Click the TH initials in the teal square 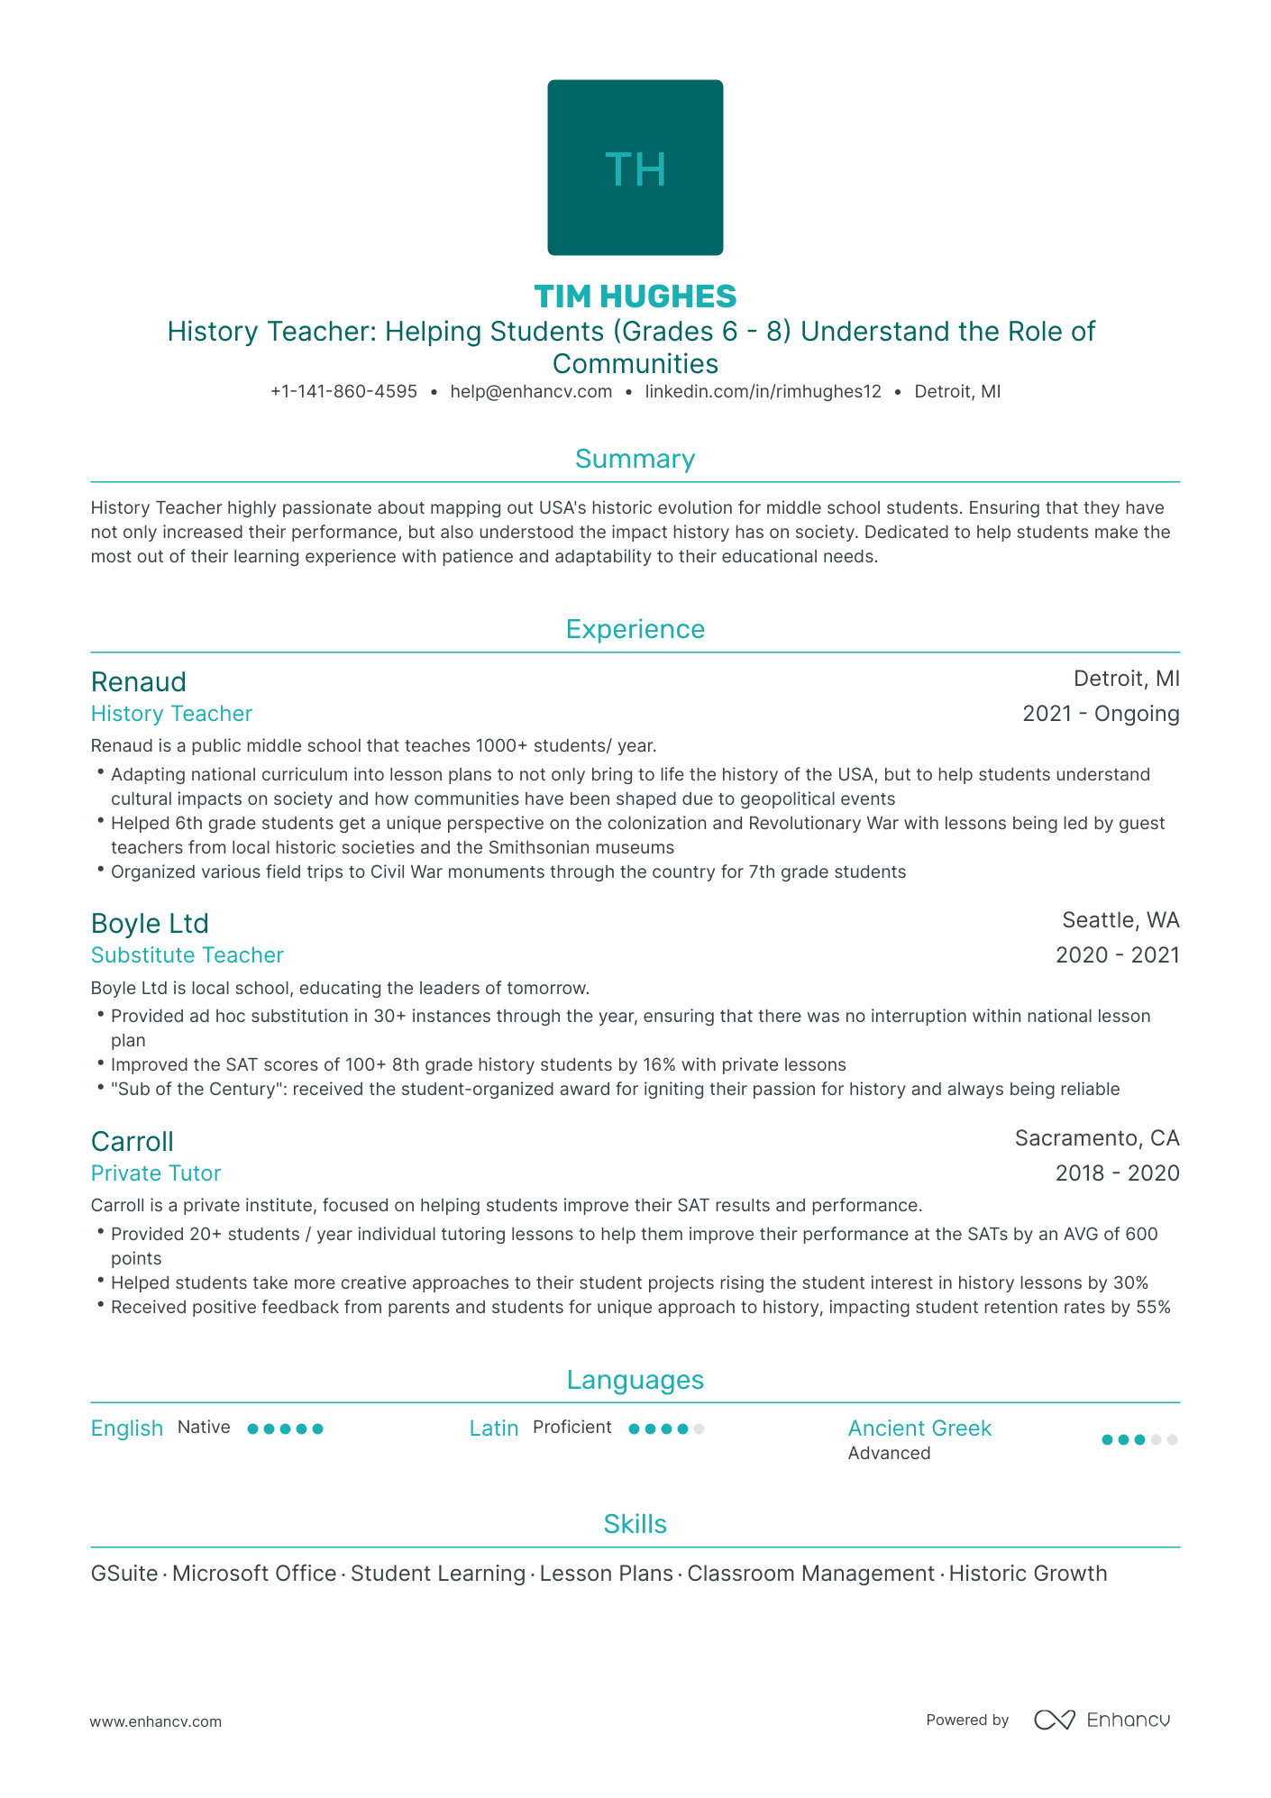pyautogui.click(x=635, y=169)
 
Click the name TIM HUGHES pyautogui.click(x=635, y=296)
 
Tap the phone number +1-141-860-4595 pyautogui.click(x=343, y=392)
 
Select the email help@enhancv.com pyautogui.click(x=531, y=392)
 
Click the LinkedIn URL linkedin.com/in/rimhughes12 pyautogui.click(x=763, y=392)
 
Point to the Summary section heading pyautogui.click(x=635, y=459)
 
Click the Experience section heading pyautogui.click(x=635, y=629)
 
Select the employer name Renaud pyautogui.click(x=139, y=681)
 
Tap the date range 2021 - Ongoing pyautogui.click(x=1100, y=714)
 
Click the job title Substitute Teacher pyautogui.click(x=187, y=955)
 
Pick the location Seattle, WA pyautogui.click(x=1120, y=920)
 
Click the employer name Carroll pyautogui.click(x=133, y=1141)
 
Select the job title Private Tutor pyautogui.click(x=156, y=1173)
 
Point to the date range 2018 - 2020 pyautogui.click(x=1117, y=1173)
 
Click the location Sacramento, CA pyautogui.click(x=1096, y=1138)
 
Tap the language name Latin pyautogui.click(x=494, y=1428)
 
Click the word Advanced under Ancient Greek pyautogui.click(x=889, y=1453)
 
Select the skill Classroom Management pyautogui.click(x=810, y=1574)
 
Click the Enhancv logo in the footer pyautogui.click(x=1102, y=1720)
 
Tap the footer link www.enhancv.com pyautogui.click(x=156, y=1721)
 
